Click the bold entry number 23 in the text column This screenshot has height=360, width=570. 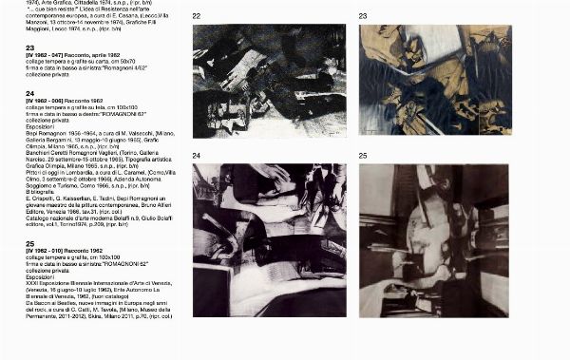(30, 47)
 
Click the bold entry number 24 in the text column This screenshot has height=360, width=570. (30, 94)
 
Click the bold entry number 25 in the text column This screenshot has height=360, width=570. (30, 244)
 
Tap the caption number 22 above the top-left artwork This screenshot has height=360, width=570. (197, 16)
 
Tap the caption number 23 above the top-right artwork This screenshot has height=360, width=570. (363, 16)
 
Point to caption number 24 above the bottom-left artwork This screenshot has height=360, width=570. (197, 155)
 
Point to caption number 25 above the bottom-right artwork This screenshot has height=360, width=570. (363, 155)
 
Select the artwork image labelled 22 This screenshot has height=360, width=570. (269, 81)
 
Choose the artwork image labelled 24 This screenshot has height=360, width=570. (269, 239)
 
